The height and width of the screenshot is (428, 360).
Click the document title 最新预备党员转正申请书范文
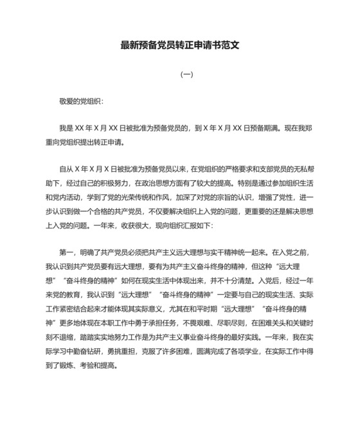(180, 46)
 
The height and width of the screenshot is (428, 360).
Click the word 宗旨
(240, 196)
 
